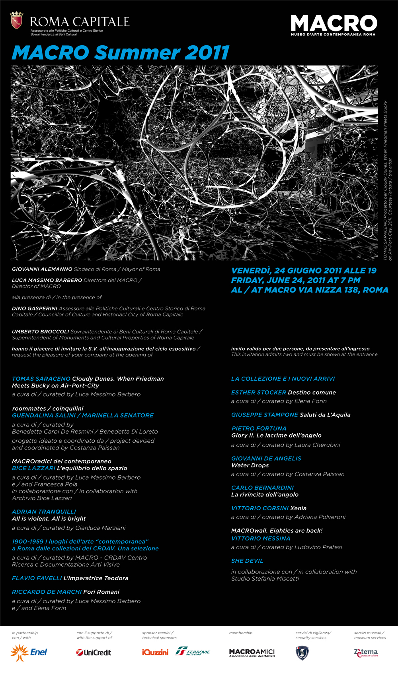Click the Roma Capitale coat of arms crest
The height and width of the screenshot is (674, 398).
(16, 20)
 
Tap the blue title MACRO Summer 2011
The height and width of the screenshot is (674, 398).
(121, 53)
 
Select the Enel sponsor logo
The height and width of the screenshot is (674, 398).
(29, 652)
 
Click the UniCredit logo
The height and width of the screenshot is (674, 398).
(94, 652)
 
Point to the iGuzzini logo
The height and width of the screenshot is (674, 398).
(155, 652)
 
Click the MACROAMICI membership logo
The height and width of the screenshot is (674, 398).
(252, 653)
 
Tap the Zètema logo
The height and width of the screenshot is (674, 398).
(366, 652)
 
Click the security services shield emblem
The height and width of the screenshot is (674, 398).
(302, 653)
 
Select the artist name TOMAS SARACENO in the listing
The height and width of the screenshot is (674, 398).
(41, 379)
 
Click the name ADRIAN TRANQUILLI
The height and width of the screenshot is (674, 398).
(44, 511)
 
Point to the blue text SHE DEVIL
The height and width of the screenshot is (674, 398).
(247, 561)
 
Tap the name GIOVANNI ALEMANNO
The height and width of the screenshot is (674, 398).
(42, 269)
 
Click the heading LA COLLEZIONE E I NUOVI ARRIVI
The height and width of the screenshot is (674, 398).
(283, 379)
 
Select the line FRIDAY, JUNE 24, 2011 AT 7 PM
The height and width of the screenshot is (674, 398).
(296, 280)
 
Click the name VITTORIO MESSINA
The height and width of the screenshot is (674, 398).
(261, 538)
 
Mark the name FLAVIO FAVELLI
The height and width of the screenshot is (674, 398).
(37, 578)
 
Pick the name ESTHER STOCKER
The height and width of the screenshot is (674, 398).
(259, 392)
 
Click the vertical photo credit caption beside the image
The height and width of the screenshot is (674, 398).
(388, 181)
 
